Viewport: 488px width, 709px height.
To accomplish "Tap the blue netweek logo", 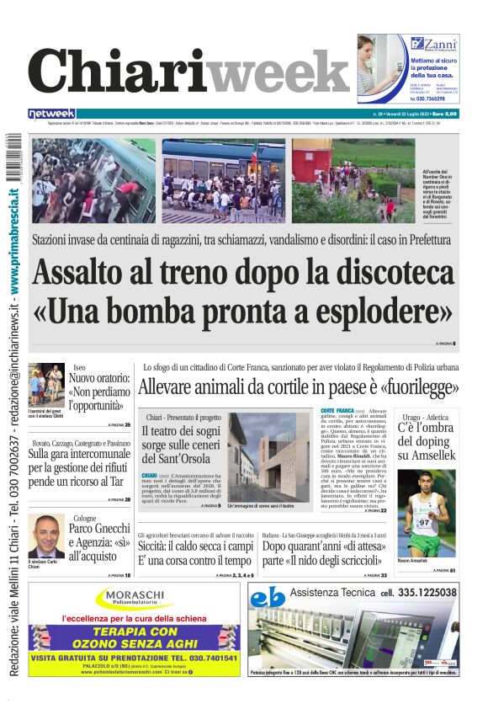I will (51, 114).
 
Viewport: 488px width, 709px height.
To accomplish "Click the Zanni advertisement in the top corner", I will (408, 68).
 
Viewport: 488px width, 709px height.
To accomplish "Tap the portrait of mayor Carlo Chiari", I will (46, 536).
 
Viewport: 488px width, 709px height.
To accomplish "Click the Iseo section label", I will (79, 368).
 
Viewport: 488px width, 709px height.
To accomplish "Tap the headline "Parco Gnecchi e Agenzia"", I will (99, 541).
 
